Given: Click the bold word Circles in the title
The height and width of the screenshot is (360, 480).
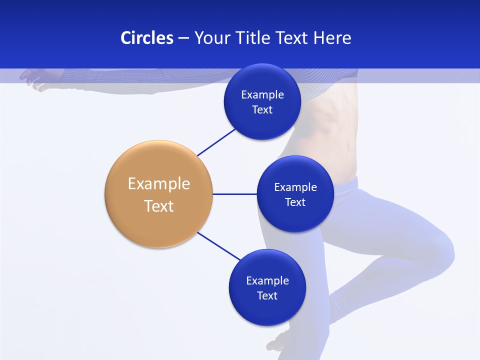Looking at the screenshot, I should [x=146, y=38].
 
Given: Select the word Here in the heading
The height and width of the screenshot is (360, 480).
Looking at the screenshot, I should [x=332, y=38].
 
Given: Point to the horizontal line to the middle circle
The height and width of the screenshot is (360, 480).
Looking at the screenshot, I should [x=234, y=194].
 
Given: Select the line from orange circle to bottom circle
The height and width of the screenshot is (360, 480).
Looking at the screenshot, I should [x=218, y=246].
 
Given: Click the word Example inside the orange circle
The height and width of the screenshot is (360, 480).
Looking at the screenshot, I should [x=158, y=183].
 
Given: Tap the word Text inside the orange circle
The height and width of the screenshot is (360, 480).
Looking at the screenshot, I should [x=158, y=206].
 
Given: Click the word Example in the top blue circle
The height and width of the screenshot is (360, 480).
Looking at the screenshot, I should [x=262, y=94].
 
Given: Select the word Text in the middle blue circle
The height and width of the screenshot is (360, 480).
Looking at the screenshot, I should [x=295, y=202].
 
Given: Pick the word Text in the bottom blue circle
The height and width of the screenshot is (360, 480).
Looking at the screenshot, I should [x=267, y=295].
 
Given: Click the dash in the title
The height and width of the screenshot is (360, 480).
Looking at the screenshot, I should [x=183, y=38].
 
